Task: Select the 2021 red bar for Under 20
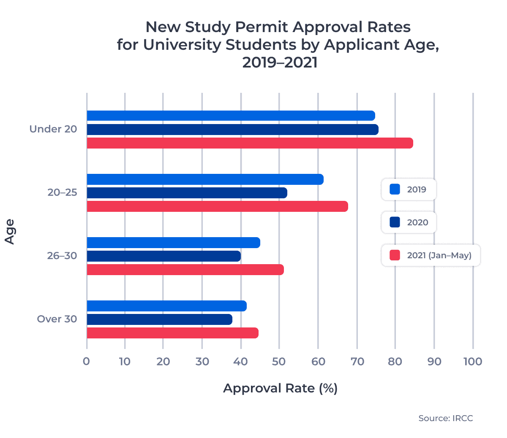pyautogui.click(x=249, y=143)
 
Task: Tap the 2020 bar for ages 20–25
pyautogui.click(x=187, y=193)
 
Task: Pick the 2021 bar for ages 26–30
pyautogui.click(x=185, y=270)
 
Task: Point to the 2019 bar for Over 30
pyautogui.click(x=166, y=306)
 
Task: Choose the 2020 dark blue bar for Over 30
pyautogui.click(x=159, y=319)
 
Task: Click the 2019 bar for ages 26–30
pyautogui.click(x=173, y=243)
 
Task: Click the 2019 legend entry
pyautogui.click(x=409, y=189)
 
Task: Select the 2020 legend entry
pyautogui.click(x=409, y=222)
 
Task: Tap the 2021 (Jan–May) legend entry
pyautogui.click(x=431, y=255)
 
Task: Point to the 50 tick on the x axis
pyautogui.click(x=279, y=362)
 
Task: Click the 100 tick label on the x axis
pyautogui.click(x=472, y=362)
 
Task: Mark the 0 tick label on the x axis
pyautogui.click(x=86, y=362)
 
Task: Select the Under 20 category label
pyautogui.click(x=53, y=129)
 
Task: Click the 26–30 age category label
pyautogui.click(x=62, y=256)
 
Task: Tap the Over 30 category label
pyautogui.click(x=57, y=319)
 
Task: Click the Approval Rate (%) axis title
pyautogui.click(x=280, y=388)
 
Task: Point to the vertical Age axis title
pyautogui.click(x=10, y=231)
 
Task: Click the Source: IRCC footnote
pyautogui.click(x=445, y=418)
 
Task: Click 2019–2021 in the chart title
pyautogui.click(x=279, y=63)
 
